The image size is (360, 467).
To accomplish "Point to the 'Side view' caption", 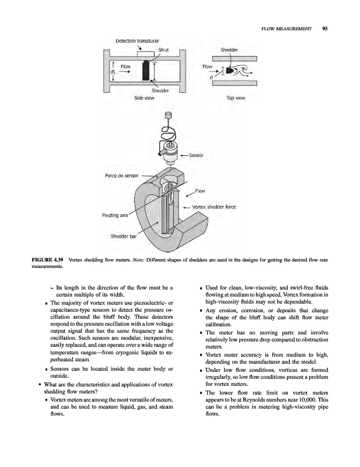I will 146,98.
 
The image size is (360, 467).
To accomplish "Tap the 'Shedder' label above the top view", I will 229,50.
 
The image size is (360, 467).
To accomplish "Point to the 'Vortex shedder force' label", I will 214,207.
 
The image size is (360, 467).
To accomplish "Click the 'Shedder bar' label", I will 124,236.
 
